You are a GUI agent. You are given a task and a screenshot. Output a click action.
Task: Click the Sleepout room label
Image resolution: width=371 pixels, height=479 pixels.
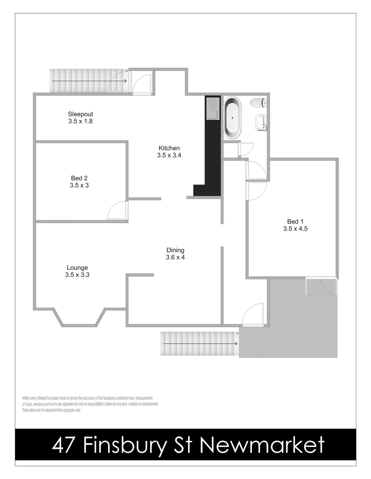click(80, 114)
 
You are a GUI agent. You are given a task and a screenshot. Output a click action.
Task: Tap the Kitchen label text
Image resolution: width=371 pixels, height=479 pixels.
click(169, 148)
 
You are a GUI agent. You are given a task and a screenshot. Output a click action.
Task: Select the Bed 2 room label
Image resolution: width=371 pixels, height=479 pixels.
click(79, 178)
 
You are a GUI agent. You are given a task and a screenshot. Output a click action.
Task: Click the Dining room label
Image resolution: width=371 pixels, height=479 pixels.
click(175, 250)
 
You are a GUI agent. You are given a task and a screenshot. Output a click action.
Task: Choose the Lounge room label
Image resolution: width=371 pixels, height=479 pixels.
click(77, 267)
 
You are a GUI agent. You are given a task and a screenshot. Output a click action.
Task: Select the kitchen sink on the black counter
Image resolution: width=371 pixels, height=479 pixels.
click(213, 109)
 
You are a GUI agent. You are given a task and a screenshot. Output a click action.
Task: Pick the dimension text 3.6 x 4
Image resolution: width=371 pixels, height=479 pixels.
click(175, 257)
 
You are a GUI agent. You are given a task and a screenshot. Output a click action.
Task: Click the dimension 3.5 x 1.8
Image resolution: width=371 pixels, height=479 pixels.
click(80, 121)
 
